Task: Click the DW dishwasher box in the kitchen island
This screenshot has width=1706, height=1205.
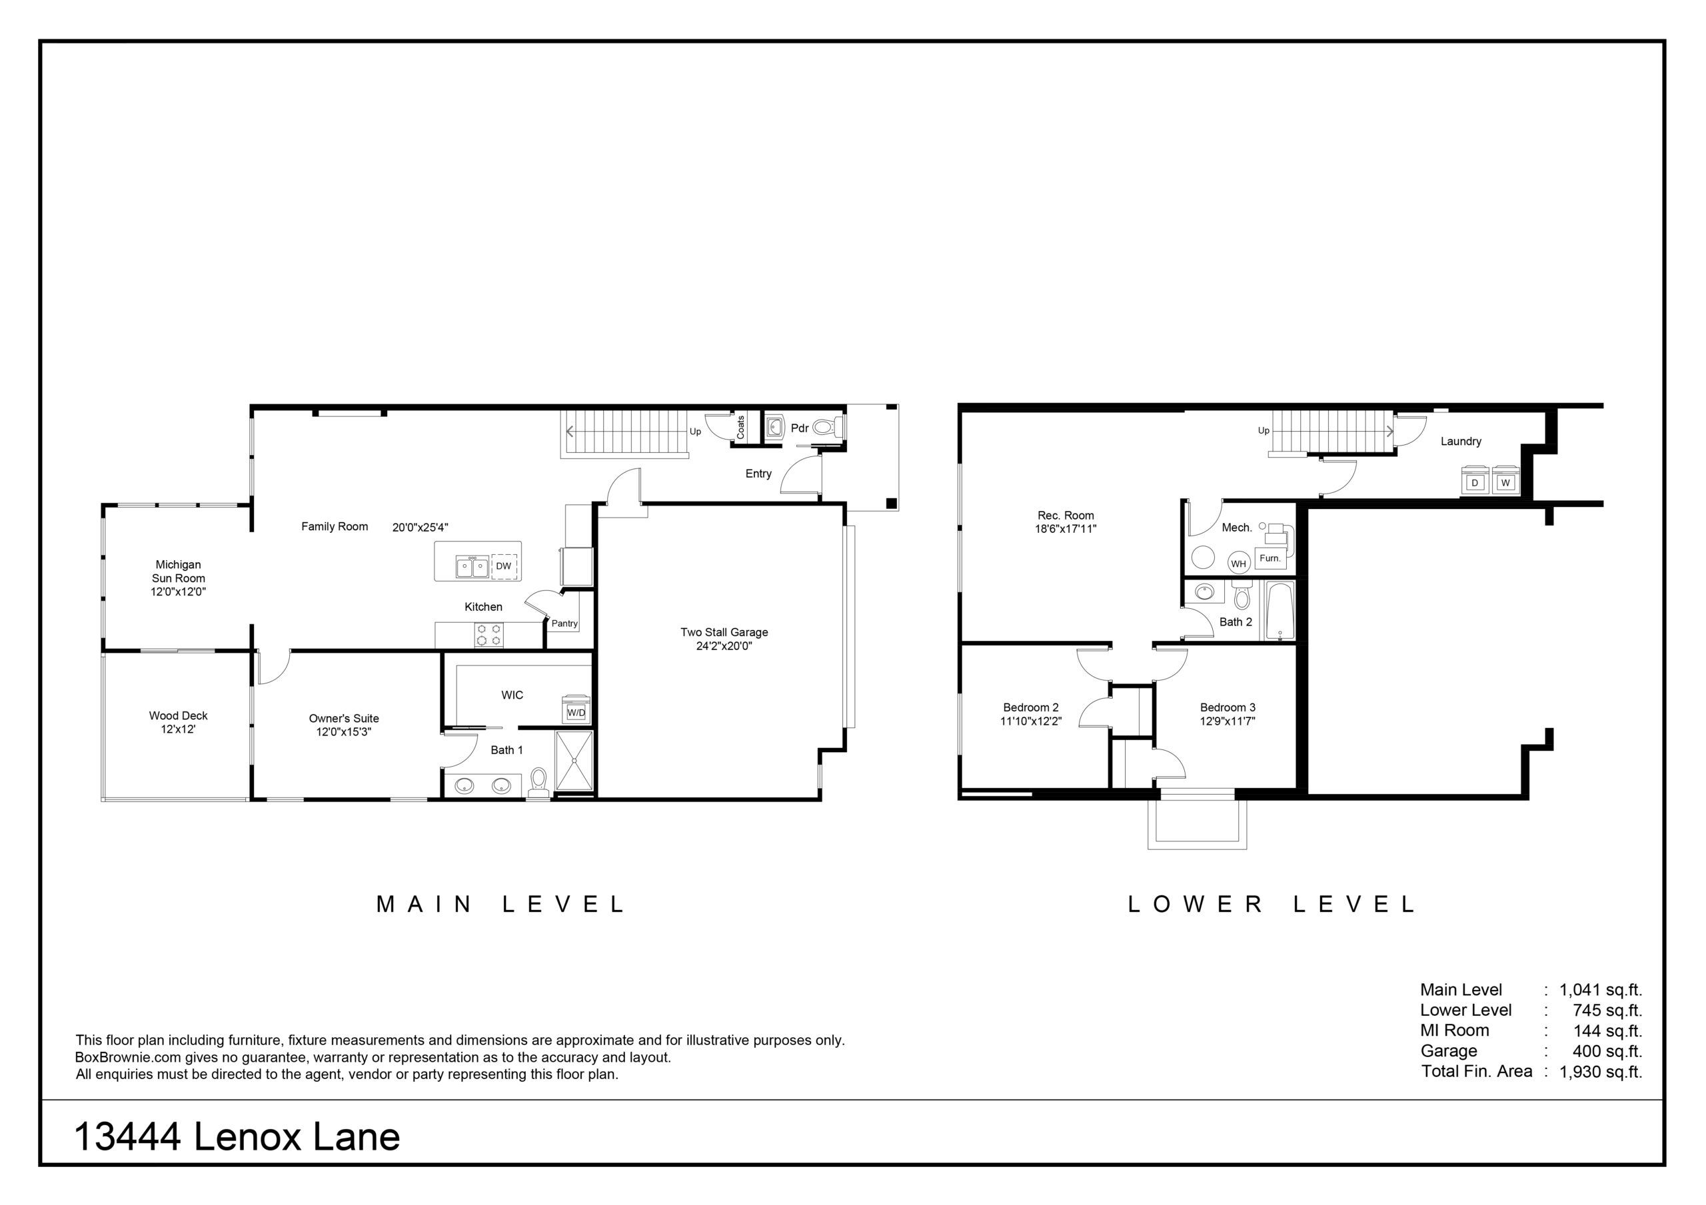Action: [x=504, y=566]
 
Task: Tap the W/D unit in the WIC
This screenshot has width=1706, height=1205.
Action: [x=576, y=709]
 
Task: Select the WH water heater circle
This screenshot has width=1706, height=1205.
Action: [x=1239, y=563]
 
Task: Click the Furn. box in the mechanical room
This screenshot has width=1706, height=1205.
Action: [x=1271, y=558]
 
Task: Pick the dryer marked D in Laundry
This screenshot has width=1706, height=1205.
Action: [x=1475, y=481]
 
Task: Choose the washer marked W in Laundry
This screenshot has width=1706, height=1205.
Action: [x=1505, y=481]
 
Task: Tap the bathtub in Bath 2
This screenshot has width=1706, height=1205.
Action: [x=1279, y=611]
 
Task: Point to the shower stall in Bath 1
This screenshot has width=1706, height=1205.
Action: [x=574, y=760]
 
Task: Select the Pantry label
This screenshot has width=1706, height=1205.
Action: [x=564, y=623]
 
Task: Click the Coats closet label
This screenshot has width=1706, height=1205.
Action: [x=741, y=427]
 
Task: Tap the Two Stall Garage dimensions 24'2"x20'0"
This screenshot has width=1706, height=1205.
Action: [x=724, y=646]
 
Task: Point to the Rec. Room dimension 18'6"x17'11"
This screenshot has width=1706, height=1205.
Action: [x=1066, y=529]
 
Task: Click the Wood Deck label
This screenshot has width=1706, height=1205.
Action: [x=179, y=715]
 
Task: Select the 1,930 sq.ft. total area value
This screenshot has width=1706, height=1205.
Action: [x=1601, y=1071]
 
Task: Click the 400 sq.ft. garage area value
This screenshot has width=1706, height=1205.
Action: [x=1607, y=1051]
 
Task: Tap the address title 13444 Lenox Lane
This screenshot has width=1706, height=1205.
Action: [x=237, y=1136]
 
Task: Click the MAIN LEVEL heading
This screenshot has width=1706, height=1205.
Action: [x=500, y=904]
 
